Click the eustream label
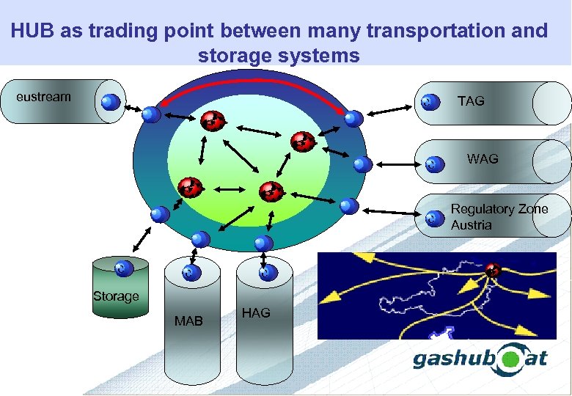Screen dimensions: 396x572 coord(43,96)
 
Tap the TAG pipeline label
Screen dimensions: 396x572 coord(471,101)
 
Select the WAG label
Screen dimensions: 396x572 coord(483,158)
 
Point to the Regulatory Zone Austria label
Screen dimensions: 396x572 coord(499,217)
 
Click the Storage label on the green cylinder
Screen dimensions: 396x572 coord(115,296)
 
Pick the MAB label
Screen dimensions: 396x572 coord(188,320)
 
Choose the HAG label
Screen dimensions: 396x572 coord(255,313)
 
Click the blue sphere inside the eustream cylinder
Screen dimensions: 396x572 coord(111,102)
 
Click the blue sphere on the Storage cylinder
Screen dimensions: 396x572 coord(124,269)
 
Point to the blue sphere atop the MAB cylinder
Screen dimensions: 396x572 coord(190,274)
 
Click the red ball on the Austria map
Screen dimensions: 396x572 coord(493,270)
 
